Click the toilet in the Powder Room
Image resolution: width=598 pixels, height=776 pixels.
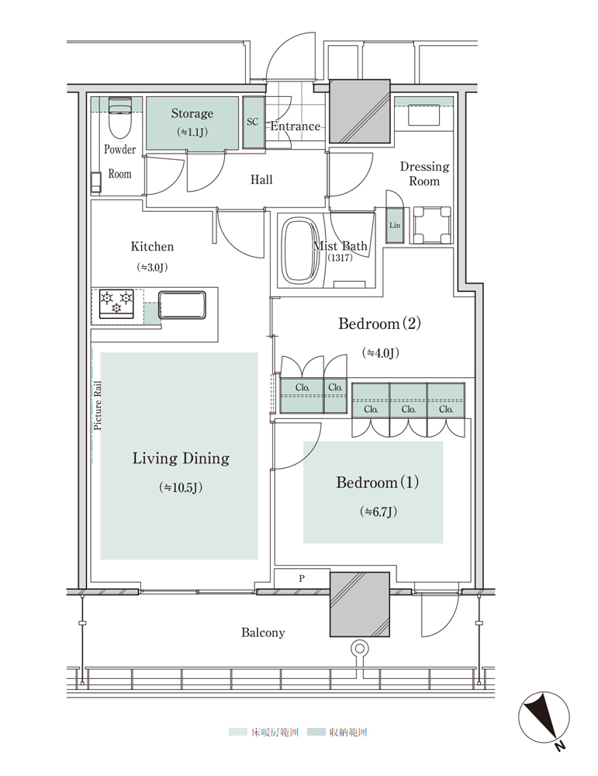tap(119, 117)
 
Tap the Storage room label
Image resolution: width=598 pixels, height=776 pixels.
tap(192, 113)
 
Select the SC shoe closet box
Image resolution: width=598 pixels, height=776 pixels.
tap(254, 123)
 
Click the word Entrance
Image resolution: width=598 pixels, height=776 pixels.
tap(296, 126)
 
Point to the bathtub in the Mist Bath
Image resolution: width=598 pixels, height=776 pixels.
tap(300, 251)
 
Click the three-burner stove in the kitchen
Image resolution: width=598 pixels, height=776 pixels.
tap(117, 303)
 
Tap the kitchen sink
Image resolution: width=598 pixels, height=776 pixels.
tap(182, 305)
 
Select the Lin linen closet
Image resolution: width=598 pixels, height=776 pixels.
tap(395, 226)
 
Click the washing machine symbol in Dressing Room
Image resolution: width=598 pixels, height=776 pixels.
tap(432, 225)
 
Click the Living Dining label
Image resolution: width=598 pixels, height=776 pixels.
tap(181, 459)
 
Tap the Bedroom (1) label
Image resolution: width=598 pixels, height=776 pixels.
tap(378, 482)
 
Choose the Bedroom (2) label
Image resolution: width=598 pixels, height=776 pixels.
tap(379, 324)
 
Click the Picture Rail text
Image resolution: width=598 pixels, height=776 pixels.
tap(98, 405)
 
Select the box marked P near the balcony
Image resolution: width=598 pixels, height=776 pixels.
tap(302, 578)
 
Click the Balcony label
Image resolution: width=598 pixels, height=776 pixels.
tap(263, 632)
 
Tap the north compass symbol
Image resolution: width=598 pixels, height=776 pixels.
tap(544, 718)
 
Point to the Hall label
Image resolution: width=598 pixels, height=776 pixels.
tap(261, 179)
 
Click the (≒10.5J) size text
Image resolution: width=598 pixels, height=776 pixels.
tap(181, 487)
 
